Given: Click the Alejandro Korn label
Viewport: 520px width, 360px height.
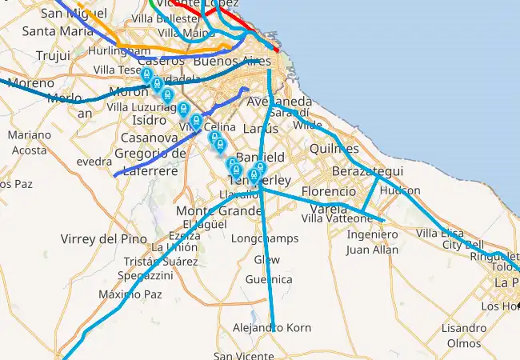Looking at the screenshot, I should [x=271, y=328].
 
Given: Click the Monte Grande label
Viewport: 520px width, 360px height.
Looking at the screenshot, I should [x=218, y=210].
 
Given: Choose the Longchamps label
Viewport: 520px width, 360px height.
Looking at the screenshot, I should [x=264, y=238].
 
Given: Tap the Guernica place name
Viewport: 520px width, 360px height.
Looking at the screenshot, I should [x=269, y=279].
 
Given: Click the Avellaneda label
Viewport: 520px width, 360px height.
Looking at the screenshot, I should [x=280, y=102].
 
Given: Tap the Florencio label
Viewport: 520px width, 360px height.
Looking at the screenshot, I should [x=328, y=191].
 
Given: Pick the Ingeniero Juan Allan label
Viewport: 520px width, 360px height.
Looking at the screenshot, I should [x=372, y=242].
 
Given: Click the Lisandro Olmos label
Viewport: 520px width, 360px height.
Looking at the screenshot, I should [x=464, y=335].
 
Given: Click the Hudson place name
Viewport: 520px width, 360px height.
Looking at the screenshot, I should [x=400, y=191].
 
